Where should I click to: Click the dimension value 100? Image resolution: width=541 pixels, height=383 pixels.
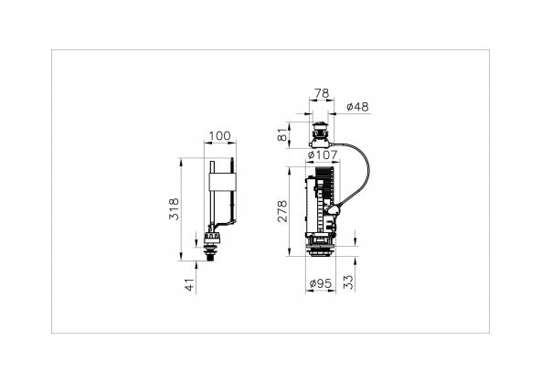pos(219,136)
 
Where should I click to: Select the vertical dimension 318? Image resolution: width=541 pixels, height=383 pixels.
pos(174,209)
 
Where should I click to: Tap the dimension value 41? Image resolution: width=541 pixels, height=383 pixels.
pos(190,285)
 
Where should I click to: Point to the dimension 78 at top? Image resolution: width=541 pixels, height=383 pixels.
pos(322,93)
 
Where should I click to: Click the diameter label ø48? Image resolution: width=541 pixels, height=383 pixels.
pos(357,107)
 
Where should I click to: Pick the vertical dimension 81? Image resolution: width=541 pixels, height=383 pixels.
pos(282,135)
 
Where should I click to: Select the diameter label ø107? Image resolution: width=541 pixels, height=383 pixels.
pos(323,154)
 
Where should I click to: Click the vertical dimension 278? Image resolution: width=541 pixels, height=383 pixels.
pos(281,211)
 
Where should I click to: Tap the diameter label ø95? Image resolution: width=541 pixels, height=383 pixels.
pos(321,283)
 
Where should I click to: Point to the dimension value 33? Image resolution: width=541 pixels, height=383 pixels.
pos(349,282)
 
